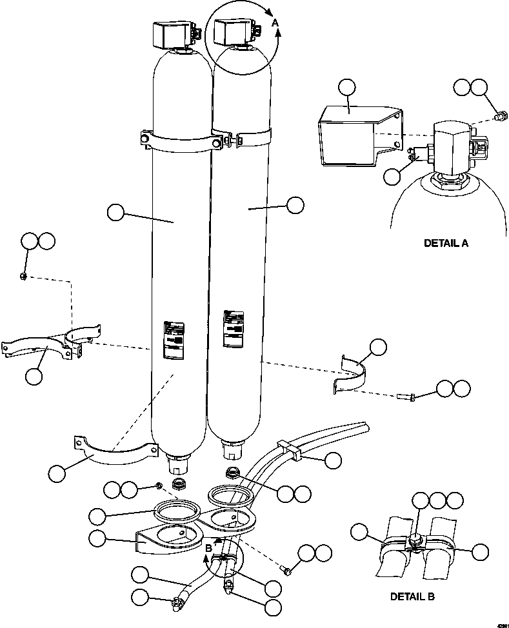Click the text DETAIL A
tap(446, 243)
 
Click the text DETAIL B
tap(412, 596)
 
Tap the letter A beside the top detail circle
tap(275, 23)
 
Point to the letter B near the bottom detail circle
tap(208, 548)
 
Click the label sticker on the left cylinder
tap(172, 339)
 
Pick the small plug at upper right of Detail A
tap(498, 117)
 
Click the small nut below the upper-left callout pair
tap(23, 277)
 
